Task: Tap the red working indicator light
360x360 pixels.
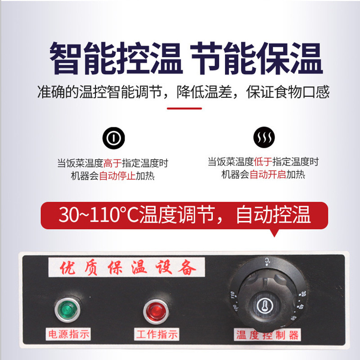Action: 154,310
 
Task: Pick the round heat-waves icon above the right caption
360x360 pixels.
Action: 263,138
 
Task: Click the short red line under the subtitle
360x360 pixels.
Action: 184,108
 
